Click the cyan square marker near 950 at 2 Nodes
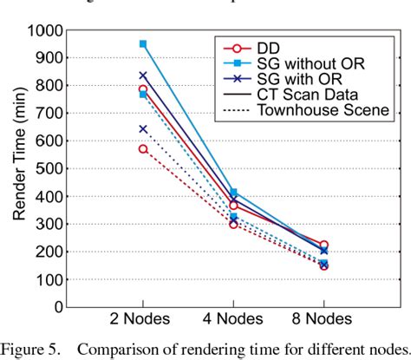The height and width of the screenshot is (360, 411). point(143,43)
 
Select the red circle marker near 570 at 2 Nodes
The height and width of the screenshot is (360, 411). point(143,149)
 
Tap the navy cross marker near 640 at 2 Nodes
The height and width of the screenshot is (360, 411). point(143,129)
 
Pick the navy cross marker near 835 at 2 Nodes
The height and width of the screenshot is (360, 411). point(143,75)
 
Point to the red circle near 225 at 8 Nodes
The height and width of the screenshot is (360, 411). point(323,245)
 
